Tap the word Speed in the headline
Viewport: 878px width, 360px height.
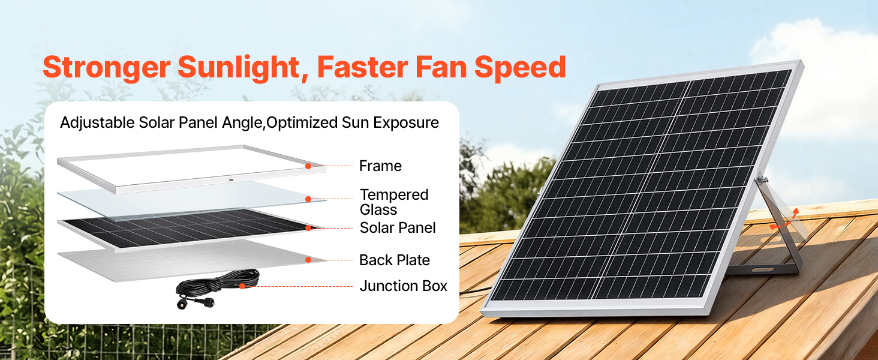[x=520, y=68]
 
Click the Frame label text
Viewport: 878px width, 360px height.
[x=380, y=166]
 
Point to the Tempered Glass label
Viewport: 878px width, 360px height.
[x=394, y=202]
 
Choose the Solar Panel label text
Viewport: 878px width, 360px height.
[x=398, y=228]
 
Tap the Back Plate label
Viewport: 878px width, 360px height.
[x=394, y=260]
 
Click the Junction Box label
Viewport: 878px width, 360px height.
[x=404, y=286]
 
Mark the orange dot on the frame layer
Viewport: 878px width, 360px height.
[x=308, y=166]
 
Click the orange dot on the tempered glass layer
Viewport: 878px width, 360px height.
[x=308, y=199]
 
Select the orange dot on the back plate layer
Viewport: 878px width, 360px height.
[x=308, y=260]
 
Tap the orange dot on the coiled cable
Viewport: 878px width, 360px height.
[x=242, y=286]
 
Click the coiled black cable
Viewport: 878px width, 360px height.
[x=218, y=284]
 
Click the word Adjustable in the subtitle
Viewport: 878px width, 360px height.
[x=97, y=123]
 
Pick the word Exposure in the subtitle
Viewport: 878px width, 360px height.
[x=405, y=123]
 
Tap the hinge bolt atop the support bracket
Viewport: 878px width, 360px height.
[x=762, y=179]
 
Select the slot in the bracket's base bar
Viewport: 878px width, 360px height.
[x=763, y=270]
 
